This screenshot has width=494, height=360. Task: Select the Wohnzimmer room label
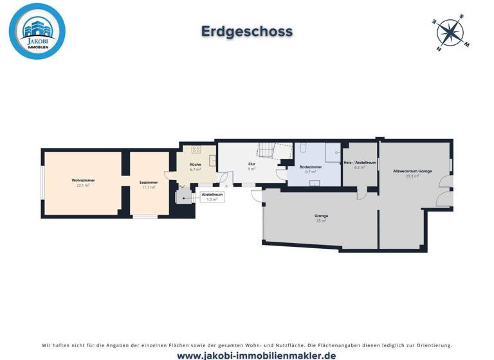coord(83,181)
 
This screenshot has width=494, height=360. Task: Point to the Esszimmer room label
coord(149,183)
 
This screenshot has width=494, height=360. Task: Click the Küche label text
coord(196,165)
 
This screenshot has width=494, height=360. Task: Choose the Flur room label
coord(252,165)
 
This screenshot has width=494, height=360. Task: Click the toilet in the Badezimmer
coord(303,148)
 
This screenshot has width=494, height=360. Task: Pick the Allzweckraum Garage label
coord(412,171)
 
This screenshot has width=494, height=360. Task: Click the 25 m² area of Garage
coord(322,221)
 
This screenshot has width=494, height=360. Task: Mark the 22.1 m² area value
coord(83,185)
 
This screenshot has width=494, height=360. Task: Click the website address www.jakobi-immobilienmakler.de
coord(247,355)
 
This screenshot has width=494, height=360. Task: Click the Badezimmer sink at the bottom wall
coord(315,183)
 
